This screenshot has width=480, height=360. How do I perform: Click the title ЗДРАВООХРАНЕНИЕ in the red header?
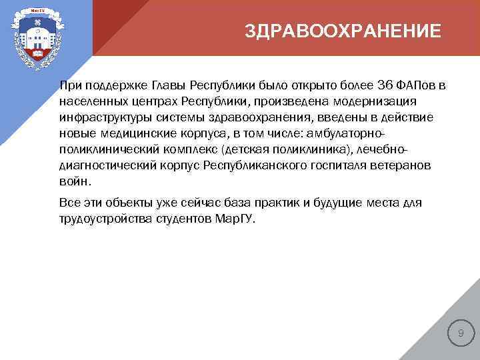tap(343, 32)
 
